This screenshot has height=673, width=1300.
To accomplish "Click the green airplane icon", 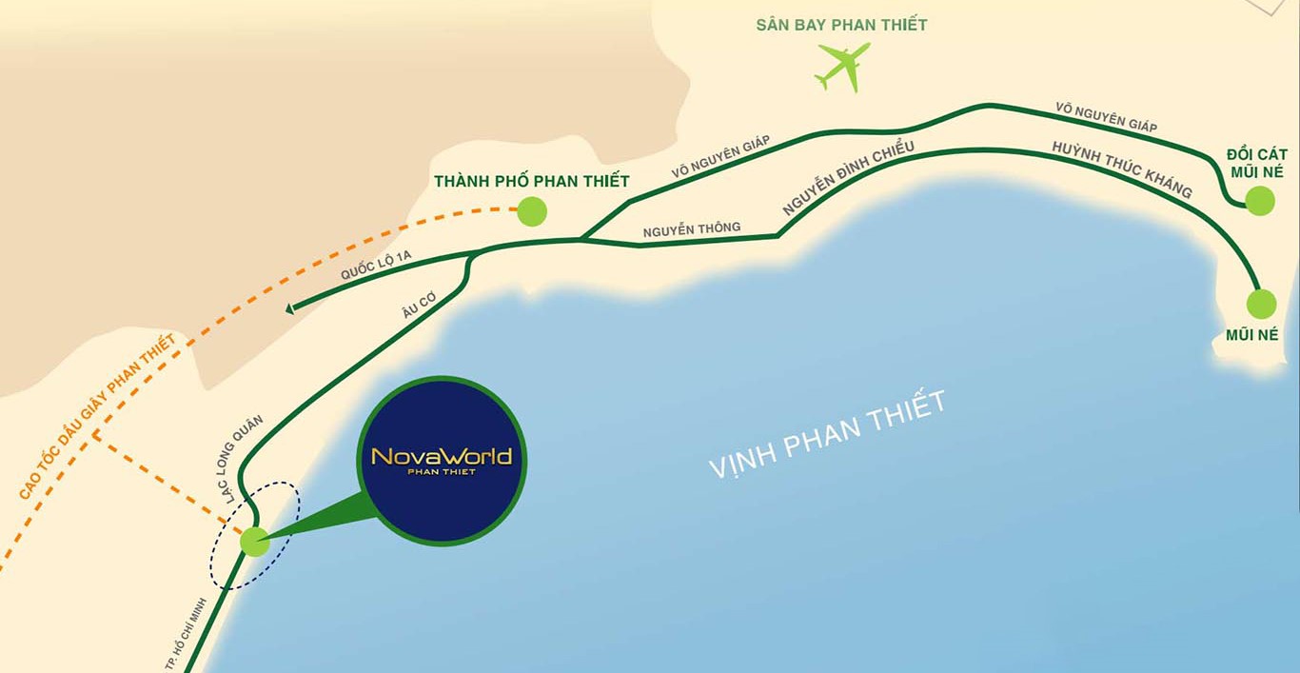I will coord(843,67).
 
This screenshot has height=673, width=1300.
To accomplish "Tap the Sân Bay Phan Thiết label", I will coord(841,25).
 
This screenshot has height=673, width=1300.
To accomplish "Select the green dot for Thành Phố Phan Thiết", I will coord(532,210).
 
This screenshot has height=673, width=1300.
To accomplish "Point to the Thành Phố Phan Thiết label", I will coord(531,181).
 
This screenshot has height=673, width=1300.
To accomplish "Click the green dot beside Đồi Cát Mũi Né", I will coord(1259,200).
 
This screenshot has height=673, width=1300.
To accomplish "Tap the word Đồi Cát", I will coord(1256,154).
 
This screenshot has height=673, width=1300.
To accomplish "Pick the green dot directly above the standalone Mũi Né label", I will coord(1261,304).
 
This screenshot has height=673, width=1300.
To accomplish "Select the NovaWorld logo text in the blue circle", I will coord(442,458).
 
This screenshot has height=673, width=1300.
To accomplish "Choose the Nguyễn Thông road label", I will coord(691,228).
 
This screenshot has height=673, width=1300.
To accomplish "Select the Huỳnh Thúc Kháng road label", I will coord(1122,169).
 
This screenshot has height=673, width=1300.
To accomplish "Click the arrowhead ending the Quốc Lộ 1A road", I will coord(290,307).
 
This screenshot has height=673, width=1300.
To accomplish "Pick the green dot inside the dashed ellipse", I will coord(254,541).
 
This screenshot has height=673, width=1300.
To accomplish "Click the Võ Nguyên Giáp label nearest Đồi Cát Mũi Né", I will coord(1105,117).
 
